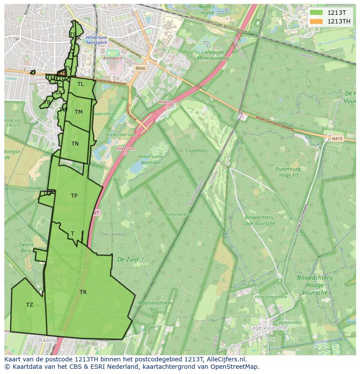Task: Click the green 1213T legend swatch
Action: pos(317,13)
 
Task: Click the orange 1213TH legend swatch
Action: pos(317,21)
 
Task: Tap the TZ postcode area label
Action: pos(30,305)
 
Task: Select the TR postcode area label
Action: pos(83,292)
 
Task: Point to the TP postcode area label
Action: pos(74,196)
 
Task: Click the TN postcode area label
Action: pos(75,144)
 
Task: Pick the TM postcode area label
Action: pos(78,112)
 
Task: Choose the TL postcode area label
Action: pos(80,84)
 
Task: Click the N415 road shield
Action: pos(337,139)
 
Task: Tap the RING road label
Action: pos(140,69)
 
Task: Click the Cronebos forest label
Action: pos(196,151)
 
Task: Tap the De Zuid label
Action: pos(128,259)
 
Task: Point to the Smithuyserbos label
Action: pos(177,215)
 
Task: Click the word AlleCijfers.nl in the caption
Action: pos(226,359)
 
